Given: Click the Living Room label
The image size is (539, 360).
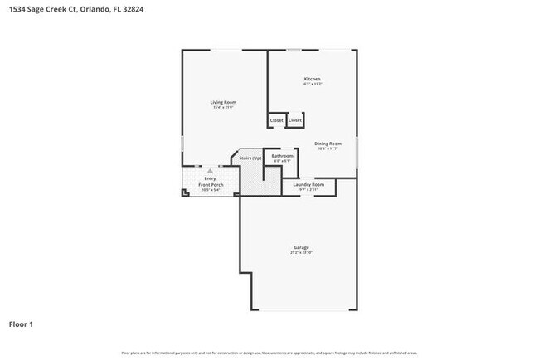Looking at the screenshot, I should click(x=224, y=102).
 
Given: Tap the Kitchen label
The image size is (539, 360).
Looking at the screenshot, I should click(x=312, y=79).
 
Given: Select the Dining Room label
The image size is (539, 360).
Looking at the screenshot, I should click(x=328, y=144).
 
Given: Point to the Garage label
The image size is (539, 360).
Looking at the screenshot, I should click(x=300, y=247).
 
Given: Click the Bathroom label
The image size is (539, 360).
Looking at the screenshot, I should click(x=283, y=156).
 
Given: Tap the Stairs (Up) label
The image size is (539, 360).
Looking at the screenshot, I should click(x=250, y=158).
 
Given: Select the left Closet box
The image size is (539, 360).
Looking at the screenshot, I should click(x=276, y=120).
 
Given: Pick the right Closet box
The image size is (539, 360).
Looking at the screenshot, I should click(x=294, y=120).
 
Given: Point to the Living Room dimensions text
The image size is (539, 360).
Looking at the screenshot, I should click(x=224, y=107).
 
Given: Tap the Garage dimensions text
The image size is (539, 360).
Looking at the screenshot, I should click(x=300, y=252).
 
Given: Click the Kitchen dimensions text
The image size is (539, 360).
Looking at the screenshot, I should click(x=312, y=84).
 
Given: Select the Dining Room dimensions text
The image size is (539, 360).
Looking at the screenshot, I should click(x=328, y=148).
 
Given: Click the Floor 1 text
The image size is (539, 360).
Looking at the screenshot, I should click(x=21, y=324).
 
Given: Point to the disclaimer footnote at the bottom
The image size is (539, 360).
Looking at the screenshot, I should click(x=269, y=353).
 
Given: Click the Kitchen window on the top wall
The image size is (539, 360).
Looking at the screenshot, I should click(x=294, y=51).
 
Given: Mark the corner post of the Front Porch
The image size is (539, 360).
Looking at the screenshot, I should click(x=185, y=194).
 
